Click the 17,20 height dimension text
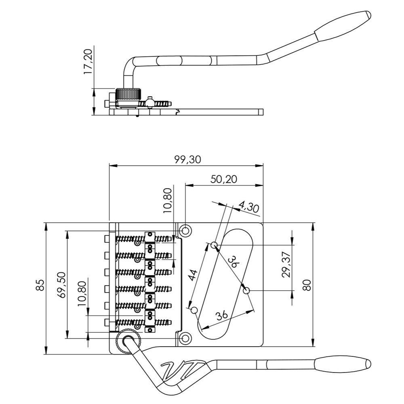88,61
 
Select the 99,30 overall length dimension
187,160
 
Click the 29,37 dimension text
286,265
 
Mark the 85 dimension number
40,285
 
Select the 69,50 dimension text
61,285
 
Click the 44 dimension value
193,276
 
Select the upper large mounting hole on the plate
186,231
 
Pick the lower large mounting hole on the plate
186,338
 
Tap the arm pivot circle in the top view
129,342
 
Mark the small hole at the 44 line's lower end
194,310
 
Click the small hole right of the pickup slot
247,290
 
